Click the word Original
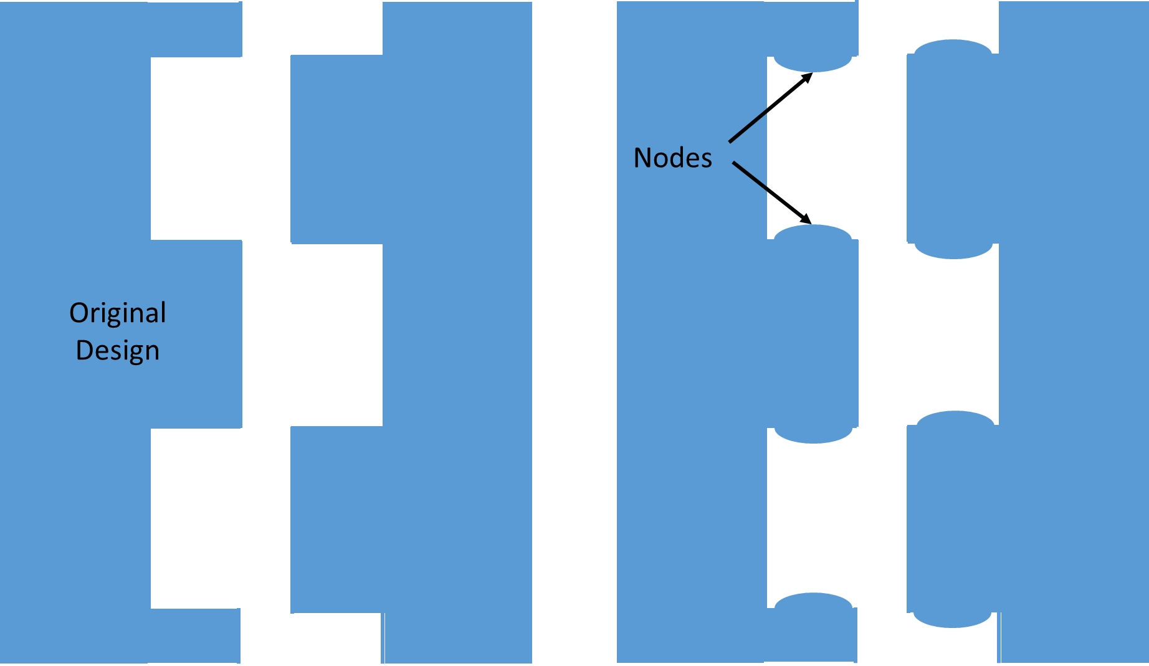(118, 313)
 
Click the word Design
(118, 350)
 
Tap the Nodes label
(672, 158)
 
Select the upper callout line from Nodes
(748, 126)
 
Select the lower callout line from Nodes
(750, 175)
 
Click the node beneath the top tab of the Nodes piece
(813, 65)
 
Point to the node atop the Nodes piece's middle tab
(813, 232)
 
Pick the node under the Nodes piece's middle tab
(813, 435)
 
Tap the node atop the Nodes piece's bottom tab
(813, 600)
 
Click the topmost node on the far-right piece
(953, 47)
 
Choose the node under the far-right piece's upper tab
(953, 251)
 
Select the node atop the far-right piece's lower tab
(955, 418)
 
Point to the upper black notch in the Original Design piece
(196, 148)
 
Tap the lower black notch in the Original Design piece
(196, 518)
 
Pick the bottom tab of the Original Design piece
(195, 635)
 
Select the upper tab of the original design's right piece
(336, 150)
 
